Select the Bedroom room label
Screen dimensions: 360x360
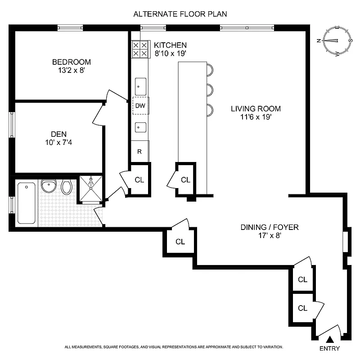pos(72,62)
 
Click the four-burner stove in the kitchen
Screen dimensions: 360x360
pos(139,49)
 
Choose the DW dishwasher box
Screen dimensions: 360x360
pos(140,106)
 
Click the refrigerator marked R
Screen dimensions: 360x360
pos(139,151)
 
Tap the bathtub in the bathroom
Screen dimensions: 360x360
pos(27,202)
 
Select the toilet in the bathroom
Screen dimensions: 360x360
pos(66,187)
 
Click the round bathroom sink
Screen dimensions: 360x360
pos(48,186)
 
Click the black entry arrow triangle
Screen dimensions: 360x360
pos(330,340)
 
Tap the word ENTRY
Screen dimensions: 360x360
pos(330,349)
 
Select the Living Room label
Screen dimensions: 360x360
pos(256,108)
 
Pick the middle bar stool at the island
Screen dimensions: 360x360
pos(209,89)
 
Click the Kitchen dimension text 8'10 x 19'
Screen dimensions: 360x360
pos(171,54)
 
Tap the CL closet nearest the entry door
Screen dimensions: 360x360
pos(302,308)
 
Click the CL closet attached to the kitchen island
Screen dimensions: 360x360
pos(185,180)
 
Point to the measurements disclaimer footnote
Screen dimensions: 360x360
pos(174,347)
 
